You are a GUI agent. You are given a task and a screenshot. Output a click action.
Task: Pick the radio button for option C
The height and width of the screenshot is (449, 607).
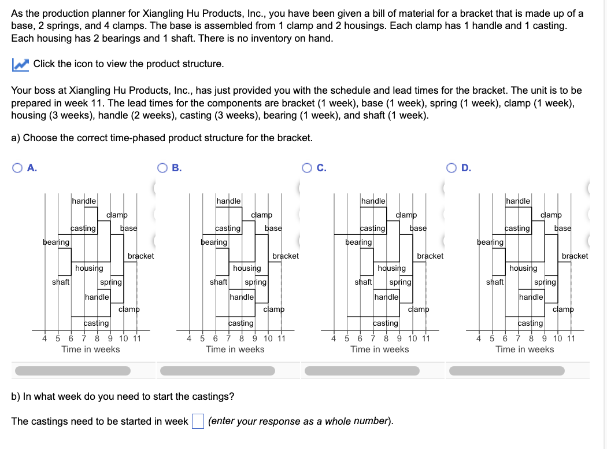coord(309,168)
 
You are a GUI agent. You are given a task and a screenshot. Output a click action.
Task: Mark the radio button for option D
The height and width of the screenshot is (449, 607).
coord(453,168)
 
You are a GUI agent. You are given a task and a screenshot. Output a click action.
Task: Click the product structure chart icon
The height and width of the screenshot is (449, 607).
coord(20,64)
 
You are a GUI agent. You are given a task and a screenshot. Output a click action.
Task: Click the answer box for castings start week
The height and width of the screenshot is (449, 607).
coord(198,421)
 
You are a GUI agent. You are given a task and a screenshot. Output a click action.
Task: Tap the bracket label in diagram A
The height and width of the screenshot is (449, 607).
coord(140,256)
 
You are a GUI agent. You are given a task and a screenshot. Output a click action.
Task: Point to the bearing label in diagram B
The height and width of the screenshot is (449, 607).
coord(213,242)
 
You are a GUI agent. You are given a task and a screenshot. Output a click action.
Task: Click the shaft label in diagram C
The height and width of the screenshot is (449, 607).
coord(363,282)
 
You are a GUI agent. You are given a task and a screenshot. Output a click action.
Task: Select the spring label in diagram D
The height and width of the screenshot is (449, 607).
coord(545,282)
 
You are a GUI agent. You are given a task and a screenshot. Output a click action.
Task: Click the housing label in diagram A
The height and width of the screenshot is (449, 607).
coord(89,268)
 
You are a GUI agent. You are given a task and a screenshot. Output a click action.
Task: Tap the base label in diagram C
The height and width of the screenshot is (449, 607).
coord(418,228)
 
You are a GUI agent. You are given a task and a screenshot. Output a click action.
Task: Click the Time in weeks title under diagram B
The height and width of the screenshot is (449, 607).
coord(235,349)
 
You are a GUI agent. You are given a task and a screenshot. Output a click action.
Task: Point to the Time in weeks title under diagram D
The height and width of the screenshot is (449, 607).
coord(524,349)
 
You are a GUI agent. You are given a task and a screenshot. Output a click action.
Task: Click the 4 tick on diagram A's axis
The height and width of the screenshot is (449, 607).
coord(45,338)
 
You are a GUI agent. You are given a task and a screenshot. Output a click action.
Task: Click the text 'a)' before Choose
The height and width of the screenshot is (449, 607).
coord(16,138)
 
